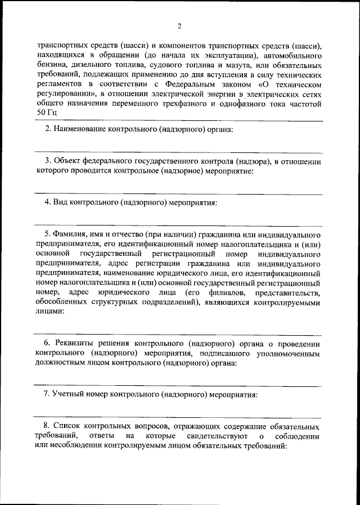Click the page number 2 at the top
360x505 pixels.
coord(179,26)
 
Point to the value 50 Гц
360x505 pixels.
coord(47,112)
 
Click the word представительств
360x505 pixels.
coord(287,293)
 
